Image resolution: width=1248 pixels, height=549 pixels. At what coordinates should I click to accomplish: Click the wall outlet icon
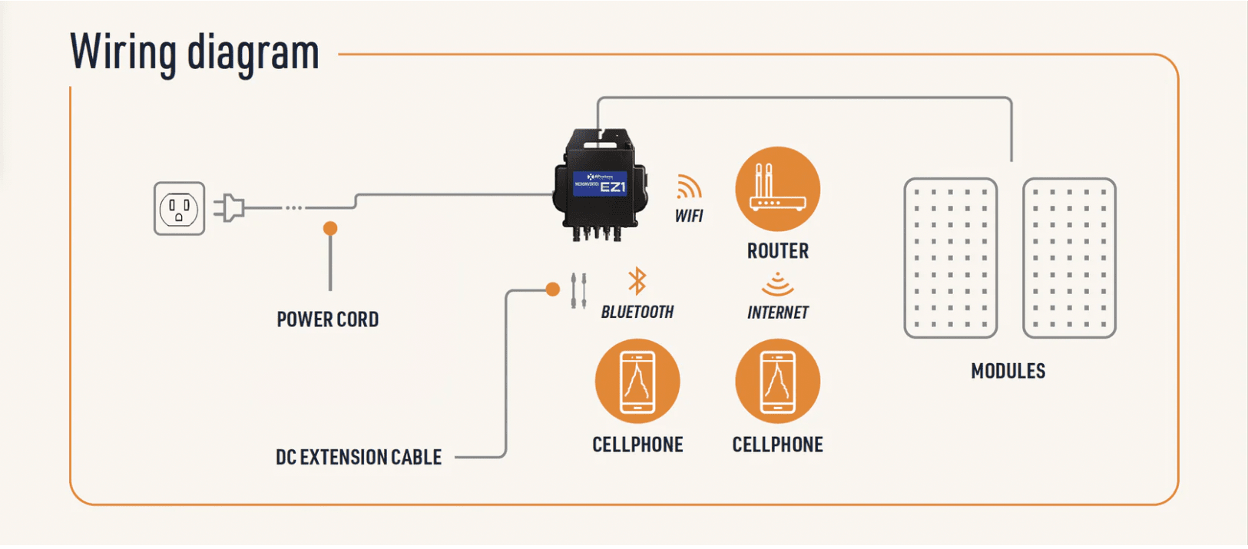(x=179, y=208)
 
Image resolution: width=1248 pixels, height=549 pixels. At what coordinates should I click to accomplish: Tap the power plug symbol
(x=230, y=208)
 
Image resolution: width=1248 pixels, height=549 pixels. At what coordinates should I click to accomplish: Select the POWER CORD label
(x=327, y=319)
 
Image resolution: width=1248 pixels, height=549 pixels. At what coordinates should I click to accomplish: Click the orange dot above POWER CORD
(x=330, y=228)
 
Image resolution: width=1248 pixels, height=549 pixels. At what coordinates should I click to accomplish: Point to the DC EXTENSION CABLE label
(x=358, y=458)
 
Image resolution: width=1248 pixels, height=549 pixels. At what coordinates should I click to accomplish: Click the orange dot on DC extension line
(x=552, y=289)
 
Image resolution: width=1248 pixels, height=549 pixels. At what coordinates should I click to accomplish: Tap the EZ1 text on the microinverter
(x=612, y=187)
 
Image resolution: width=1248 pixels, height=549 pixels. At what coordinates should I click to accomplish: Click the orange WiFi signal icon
(x=688, y=187)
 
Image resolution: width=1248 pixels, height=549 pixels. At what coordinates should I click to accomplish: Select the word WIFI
(x=689, y=217)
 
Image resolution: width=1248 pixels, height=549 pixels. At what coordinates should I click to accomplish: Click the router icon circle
(x=777, y=189)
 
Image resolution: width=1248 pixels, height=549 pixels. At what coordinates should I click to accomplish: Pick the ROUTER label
(x=777, y=251)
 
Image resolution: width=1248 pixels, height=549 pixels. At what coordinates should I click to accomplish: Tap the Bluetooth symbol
(x=637, y=281)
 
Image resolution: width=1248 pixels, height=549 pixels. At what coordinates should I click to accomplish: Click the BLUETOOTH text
(x=637, y=313)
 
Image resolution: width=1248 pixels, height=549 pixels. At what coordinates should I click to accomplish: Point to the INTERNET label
(x=777, y=313)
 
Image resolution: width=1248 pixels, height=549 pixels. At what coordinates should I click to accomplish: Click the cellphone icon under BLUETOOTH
(x=637, y=382)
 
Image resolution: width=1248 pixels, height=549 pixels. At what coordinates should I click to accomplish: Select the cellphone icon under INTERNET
(x=777, y=382)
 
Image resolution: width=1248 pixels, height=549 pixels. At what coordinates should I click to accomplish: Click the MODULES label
(x=1008, y=372)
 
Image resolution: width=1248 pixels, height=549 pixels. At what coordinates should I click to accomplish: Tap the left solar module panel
(x=950, y=258)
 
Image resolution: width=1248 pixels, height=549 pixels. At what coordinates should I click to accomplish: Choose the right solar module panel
(x=1068, y=258)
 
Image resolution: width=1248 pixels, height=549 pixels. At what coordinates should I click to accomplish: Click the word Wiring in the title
(x=123, y=52)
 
